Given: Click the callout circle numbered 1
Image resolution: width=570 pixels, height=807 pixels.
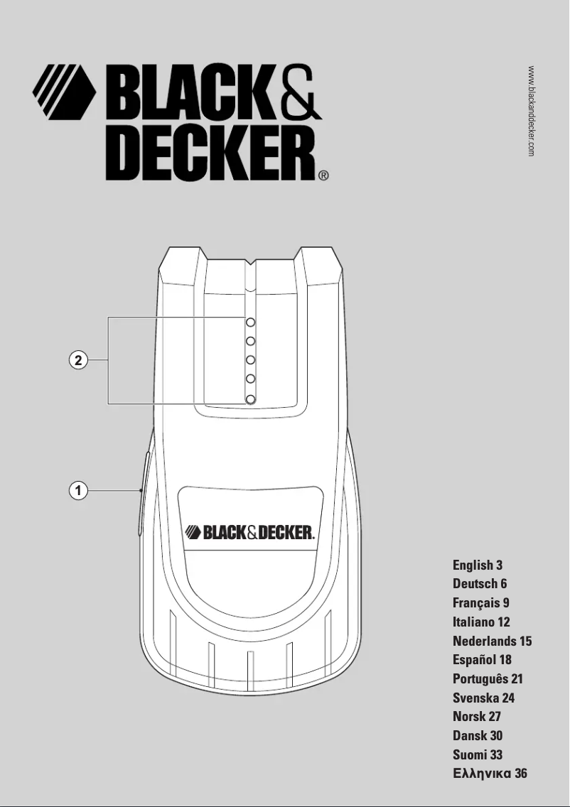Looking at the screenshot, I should [79, 489].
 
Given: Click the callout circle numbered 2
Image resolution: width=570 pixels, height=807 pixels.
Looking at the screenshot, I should [79, 360].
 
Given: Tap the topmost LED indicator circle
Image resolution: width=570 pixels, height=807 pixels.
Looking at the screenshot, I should [251, 322].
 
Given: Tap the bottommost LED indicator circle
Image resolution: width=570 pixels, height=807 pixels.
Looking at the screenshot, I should [251, 400].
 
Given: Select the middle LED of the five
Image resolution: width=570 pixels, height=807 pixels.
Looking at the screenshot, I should [251, 360].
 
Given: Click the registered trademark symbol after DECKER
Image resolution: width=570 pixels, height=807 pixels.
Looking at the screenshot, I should [323, 175].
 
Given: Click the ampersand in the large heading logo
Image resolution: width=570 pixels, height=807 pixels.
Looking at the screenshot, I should [297, 94].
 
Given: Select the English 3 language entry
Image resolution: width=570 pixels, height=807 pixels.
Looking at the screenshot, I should [478, 565].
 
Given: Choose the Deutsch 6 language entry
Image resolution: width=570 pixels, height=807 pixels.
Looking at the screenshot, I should [480, 584].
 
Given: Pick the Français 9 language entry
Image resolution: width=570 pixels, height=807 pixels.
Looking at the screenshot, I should [481, 603].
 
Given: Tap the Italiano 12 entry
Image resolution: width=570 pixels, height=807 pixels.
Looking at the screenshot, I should [481, 622].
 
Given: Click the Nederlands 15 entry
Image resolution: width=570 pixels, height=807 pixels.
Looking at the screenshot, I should [492, 641].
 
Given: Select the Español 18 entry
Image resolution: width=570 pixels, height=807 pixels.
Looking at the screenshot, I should [482, 660].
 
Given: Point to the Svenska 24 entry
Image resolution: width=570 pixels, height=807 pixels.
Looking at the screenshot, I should [483, 698].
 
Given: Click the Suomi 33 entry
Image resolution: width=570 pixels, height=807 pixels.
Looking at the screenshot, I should [478, 754].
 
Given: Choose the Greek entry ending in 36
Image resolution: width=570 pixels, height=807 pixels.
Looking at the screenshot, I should [490, 774].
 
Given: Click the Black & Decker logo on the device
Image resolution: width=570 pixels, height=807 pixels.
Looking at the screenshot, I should [249, 532].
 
